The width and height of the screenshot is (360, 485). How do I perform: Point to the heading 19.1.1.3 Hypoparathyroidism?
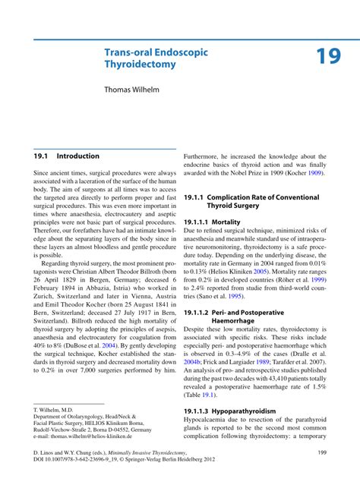230,412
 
